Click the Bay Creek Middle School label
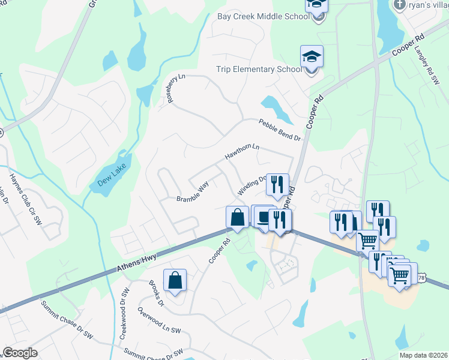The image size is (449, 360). [x=263, y=16]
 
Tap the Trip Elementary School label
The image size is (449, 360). [x=259, y=69]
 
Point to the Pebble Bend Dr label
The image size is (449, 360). [x=279, y=130]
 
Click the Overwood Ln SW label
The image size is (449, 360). [x=158, y=322]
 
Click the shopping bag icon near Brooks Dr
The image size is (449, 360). [x=174, y=280]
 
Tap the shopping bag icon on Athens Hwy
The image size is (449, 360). [x=237, y=217]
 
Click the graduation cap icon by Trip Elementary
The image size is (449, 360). [x=312, y=57]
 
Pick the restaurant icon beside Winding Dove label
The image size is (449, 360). [x=277, y=184]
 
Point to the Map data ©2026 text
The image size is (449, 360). [x=421, y=355]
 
